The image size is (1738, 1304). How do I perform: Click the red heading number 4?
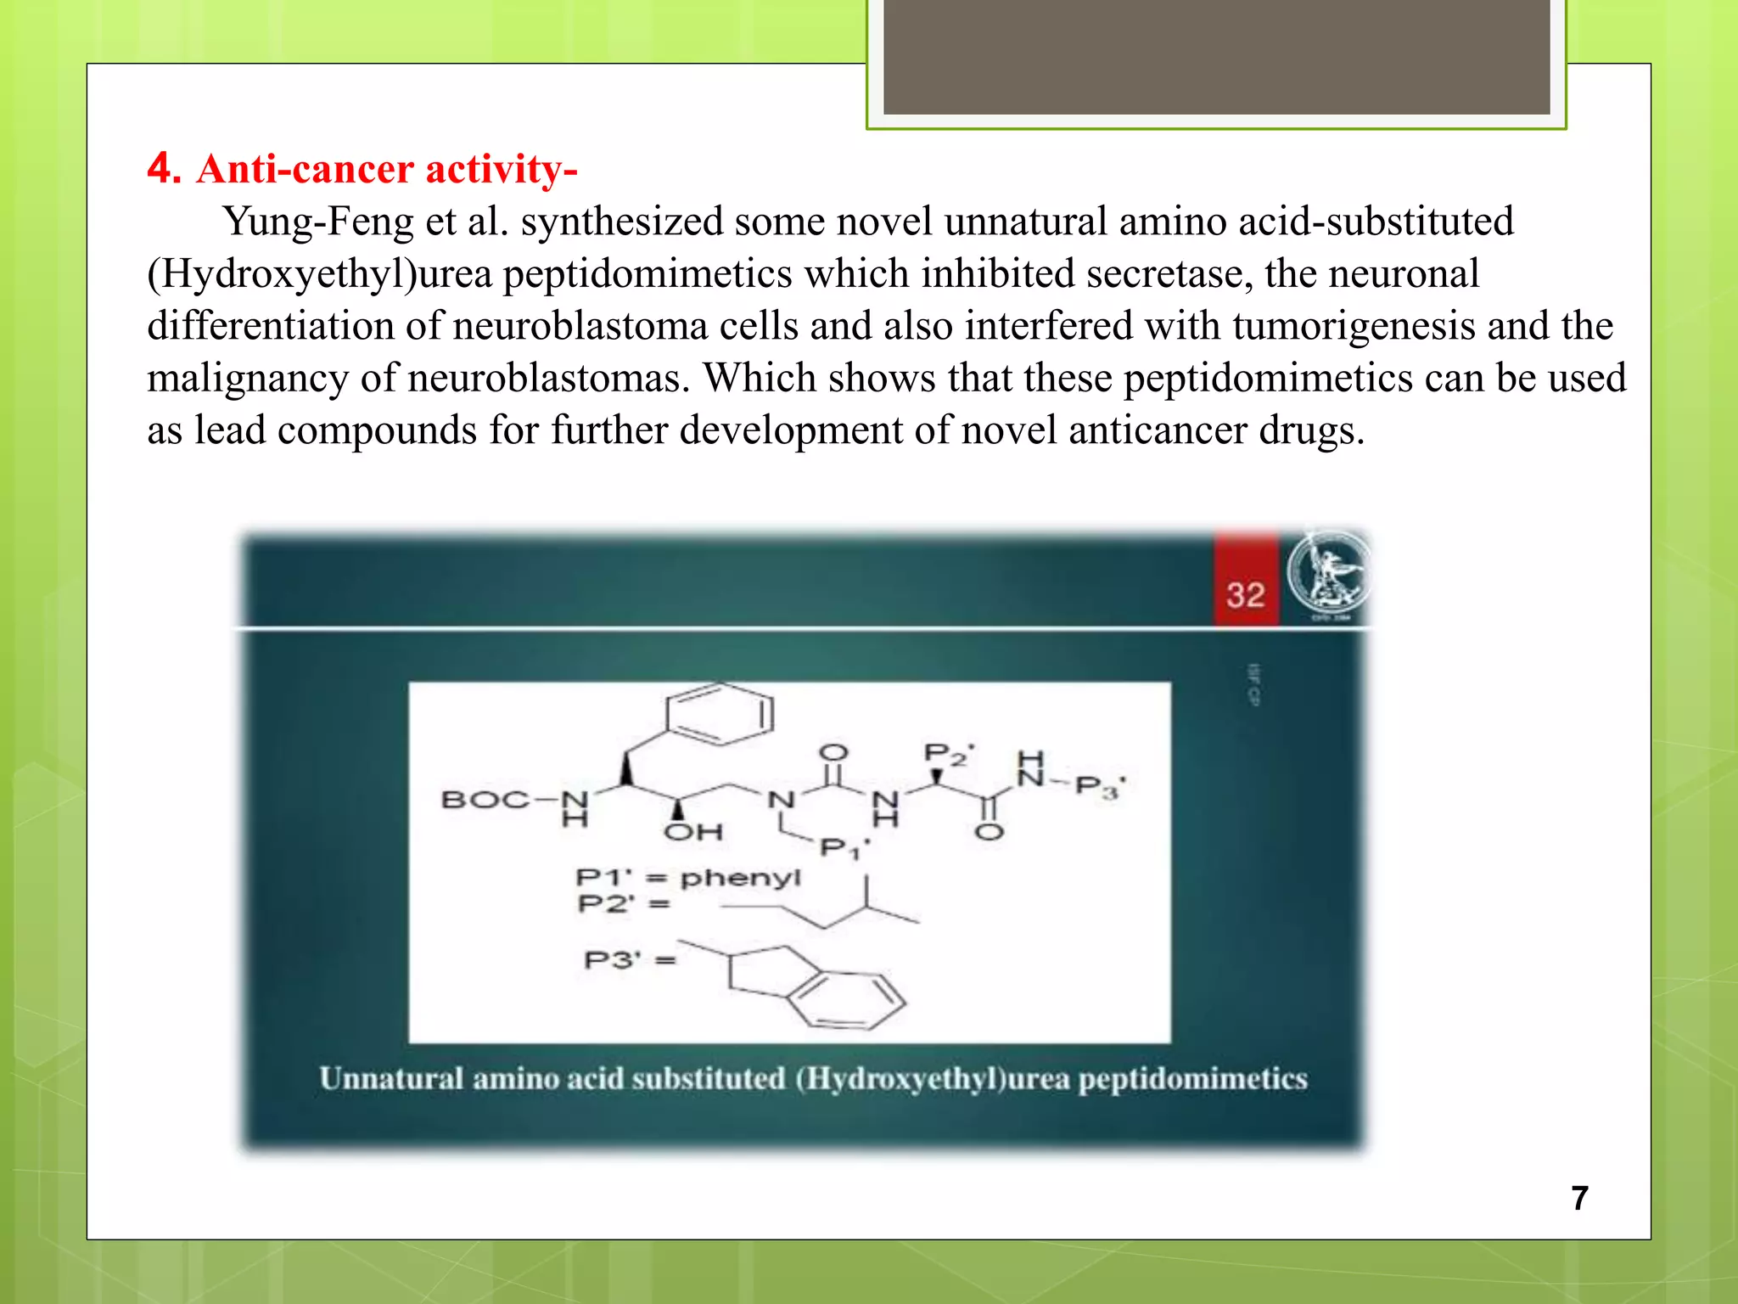click(x=163, y=167)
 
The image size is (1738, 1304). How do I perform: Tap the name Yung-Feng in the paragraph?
click(x=317, y=222)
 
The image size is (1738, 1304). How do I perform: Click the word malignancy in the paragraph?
click(x=247, y=379)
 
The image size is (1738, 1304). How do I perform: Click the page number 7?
click(x=1579, y=1198)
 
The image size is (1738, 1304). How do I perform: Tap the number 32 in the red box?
click(x=1245, y=594)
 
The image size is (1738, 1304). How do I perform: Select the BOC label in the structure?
click(x=485, y=800)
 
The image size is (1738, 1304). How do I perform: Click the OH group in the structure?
click(x=693, y=831)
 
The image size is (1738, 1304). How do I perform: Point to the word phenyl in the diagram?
click(x=740, y=877)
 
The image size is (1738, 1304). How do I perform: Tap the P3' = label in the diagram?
click(x=629, y=960)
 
